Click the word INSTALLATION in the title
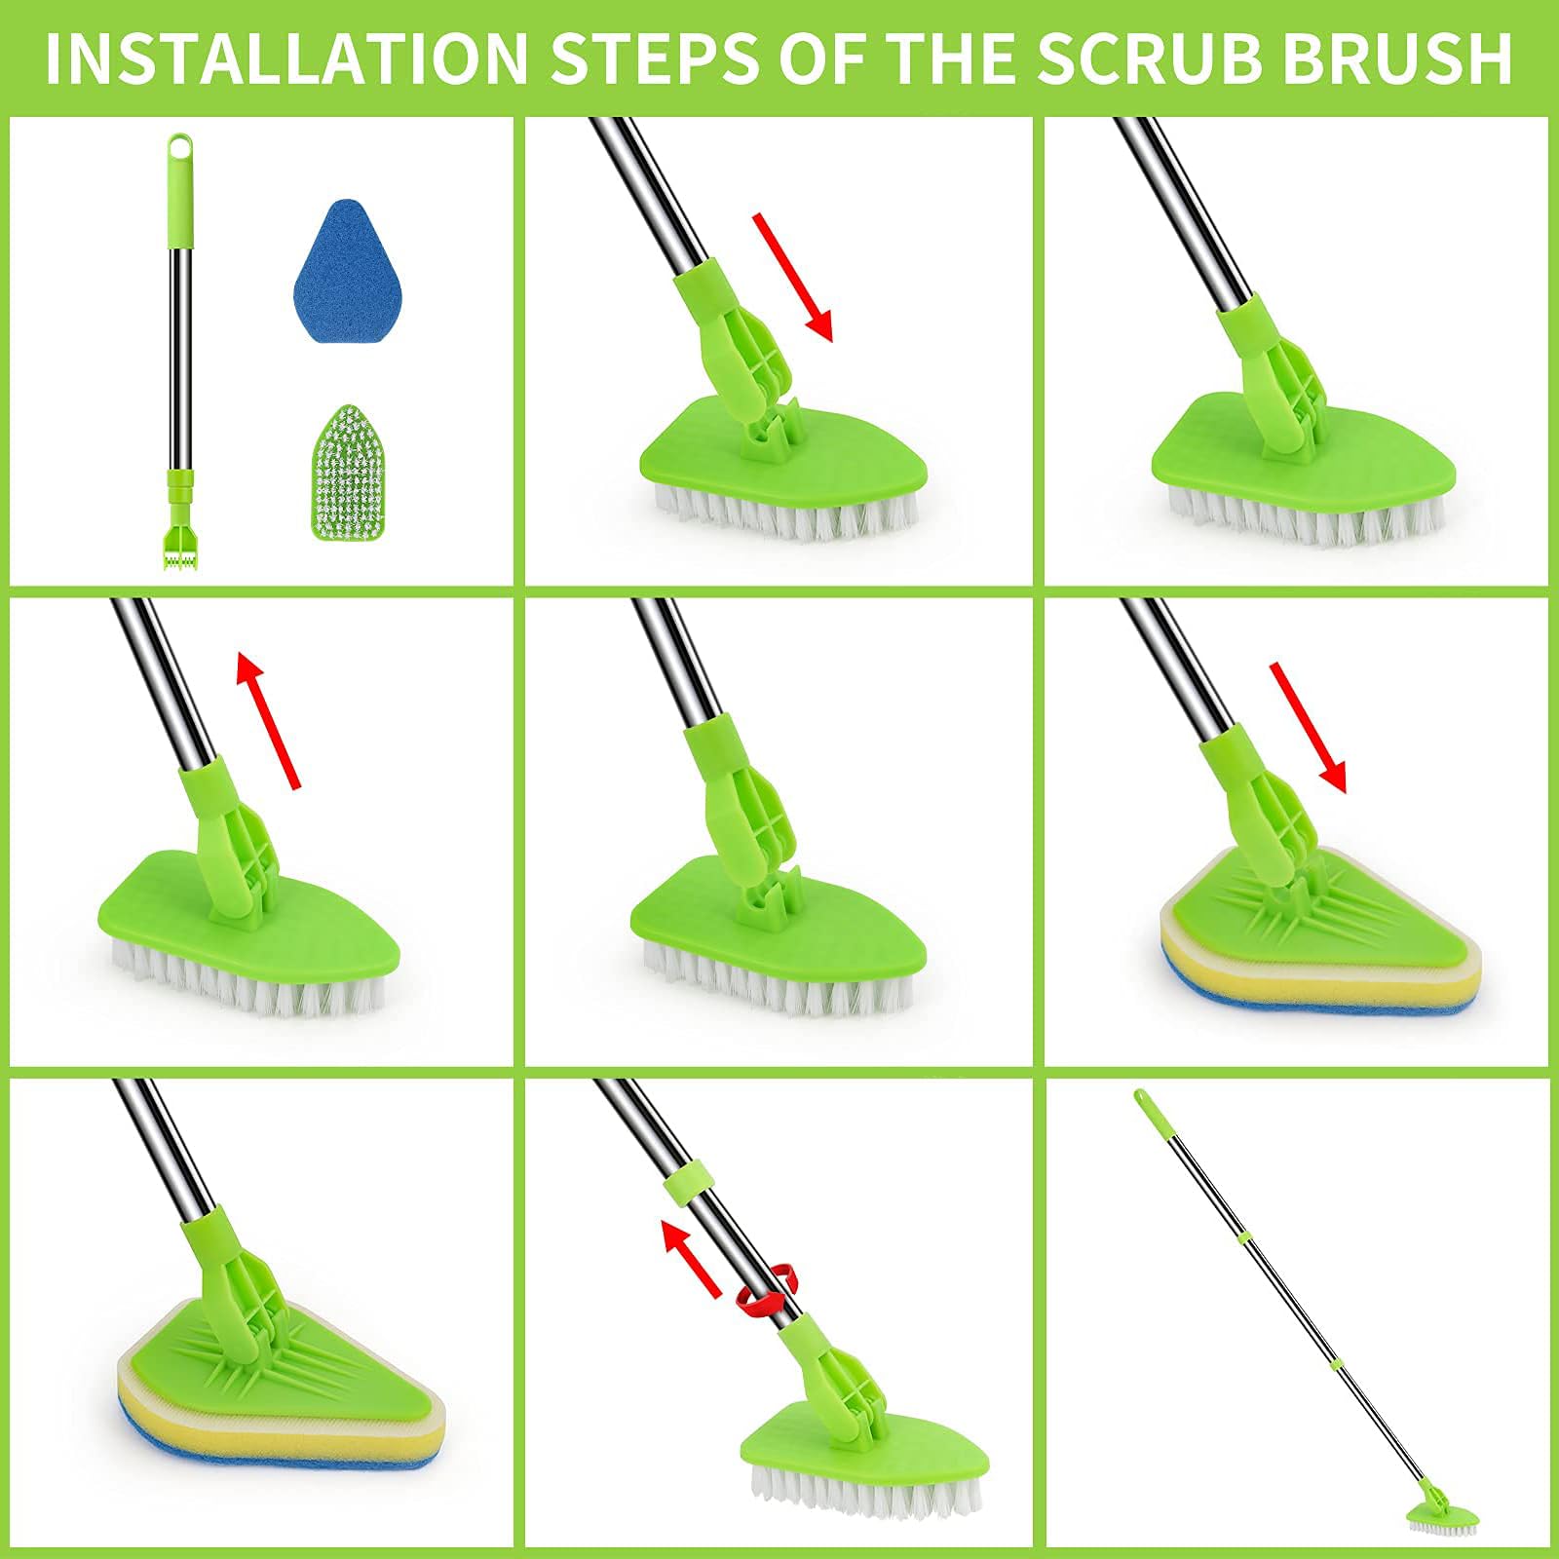coord(285,58)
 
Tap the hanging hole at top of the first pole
coord(179,149)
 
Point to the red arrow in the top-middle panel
coord(792,278)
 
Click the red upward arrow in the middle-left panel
coord(269,721)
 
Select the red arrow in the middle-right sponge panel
coord(1308,727)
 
